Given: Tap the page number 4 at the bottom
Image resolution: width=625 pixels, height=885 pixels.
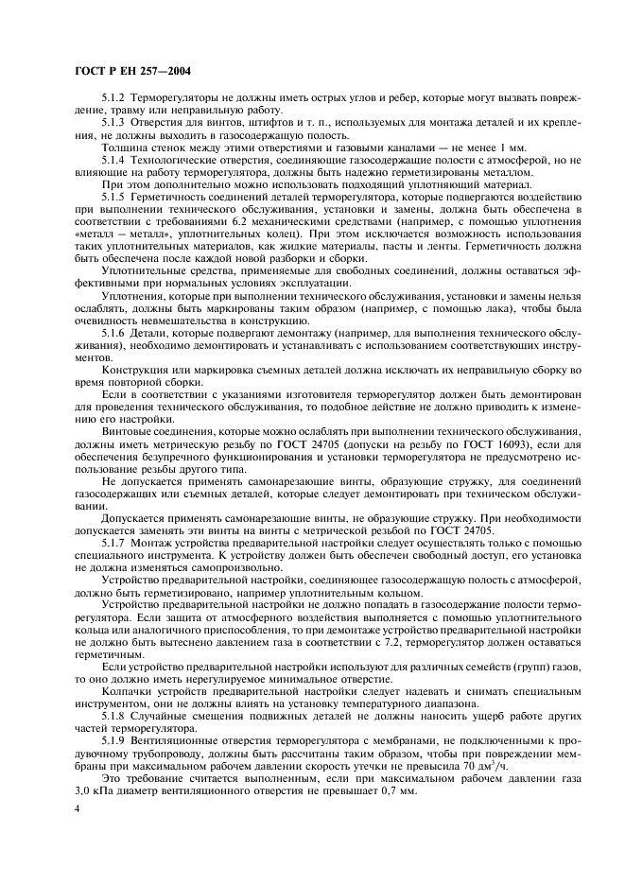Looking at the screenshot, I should (77, 810).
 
